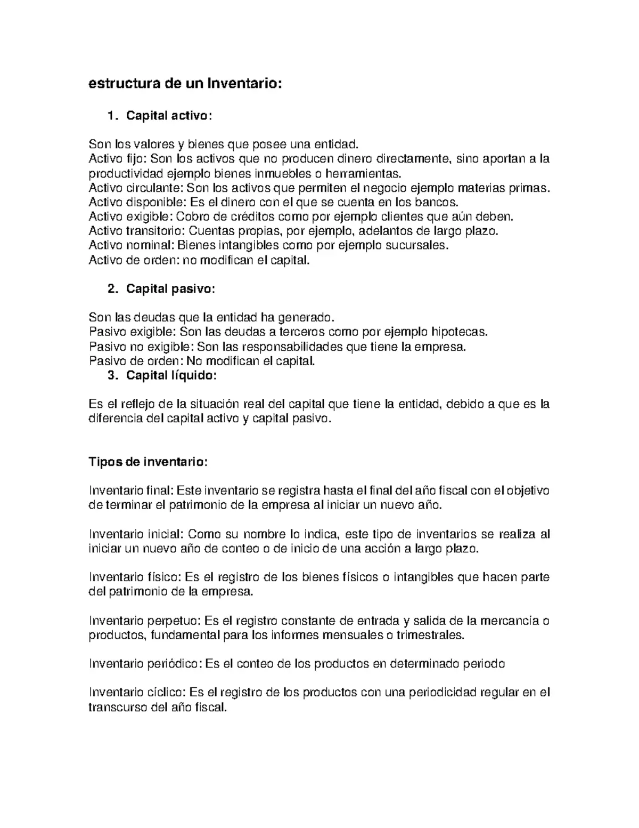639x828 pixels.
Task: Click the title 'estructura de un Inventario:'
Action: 184,84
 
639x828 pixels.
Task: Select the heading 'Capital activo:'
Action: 169,116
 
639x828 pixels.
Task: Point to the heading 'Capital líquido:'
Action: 171,375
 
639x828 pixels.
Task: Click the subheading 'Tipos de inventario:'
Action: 148,462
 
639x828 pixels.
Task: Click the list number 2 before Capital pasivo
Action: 112,289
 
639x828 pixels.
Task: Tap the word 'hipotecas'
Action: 458,332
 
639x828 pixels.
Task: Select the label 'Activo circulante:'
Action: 136,188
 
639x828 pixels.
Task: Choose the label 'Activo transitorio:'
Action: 137,231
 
